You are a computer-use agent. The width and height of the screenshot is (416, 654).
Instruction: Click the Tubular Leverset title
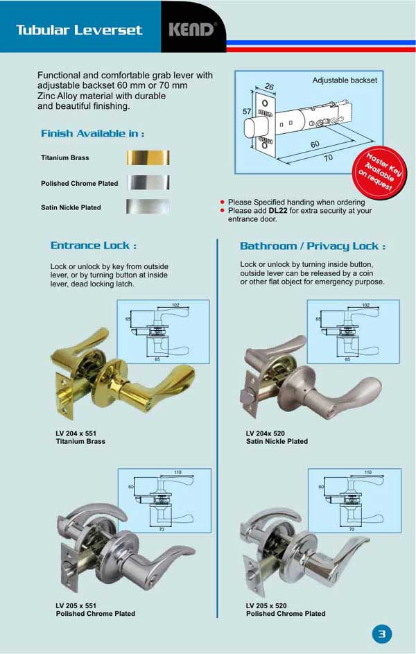(x=78, y=30)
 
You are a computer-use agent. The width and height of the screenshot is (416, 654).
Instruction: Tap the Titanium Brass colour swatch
(x=148, y=157)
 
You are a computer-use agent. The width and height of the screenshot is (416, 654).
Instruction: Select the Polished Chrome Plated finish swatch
(x=148, y=183)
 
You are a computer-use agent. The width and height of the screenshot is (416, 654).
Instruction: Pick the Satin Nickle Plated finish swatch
(x=148, y=207)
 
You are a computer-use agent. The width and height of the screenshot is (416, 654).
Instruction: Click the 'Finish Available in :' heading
(x=92, y=133)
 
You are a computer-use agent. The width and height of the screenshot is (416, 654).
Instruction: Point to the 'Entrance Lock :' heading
(x=93, y=246)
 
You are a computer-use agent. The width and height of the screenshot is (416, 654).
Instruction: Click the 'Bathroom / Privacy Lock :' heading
(x=312, y=246)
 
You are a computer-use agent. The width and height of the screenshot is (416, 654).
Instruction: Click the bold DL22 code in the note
(x=277, y=210)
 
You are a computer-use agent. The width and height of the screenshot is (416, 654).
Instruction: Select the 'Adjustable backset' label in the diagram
(x=345, y=80)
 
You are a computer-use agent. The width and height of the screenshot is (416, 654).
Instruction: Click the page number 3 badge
(x=382, y=634)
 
